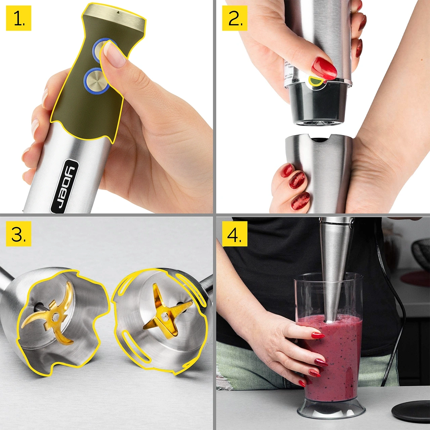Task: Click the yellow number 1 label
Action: tap(18, 18)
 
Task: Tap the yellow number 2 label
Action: tap(234, 18)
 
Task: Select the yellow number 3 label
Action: tap(18, 234)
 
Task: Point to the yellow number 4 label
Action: tap(234, 234)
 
